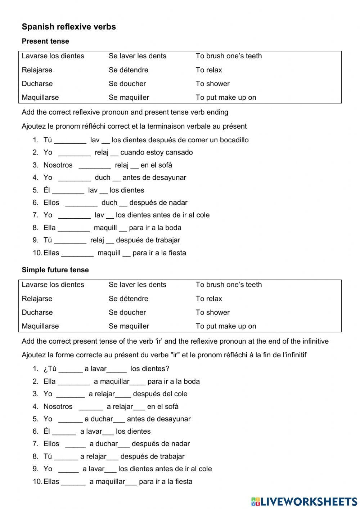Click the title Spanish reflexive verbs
pyautogui.click(x=69, y=27)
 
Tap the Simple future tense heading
pyautogui.click(x=55, y=270)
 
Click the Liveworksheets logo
pyautogui.click(x=304, y=501)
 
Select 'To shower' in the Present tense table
pyautogui.click(x=212, y=84)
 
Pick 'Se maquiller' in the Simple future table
pyautogui.click(x=129, y=326)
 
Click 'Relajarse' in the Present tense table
pyautogui.click(x=37, y=70)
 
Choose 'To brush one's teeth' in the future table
pyautogui.click(x=229, y=285)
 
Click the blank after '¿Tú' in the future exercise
pyautogui.click(x=71, y=369)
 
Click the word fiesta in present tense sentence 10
pyautogui.click(x=177, y=253)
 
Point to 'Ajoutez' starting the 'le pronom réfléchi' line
pyautogui.click(x=33, y=126)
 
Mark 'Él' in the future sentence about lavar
pyautogui.click(x=46, y=431)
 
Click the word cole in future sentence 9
pyautogui.click(x=205, y=469)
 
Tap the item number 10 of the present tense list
pyautogui.click(x=37, y=253)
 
